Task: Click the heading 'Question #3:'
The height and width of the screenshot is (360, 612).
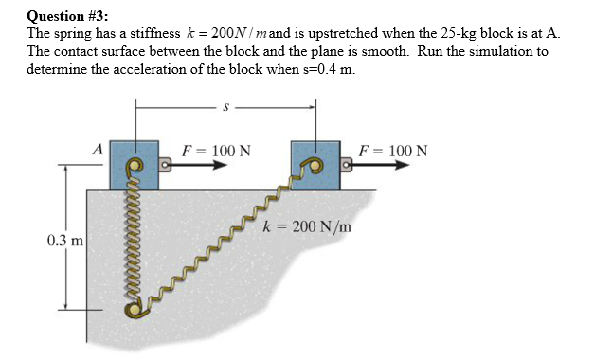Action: [x=67, y=15]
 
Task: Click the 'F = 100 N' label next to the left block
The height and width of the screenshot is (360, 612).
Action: [x=217, y=150]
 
